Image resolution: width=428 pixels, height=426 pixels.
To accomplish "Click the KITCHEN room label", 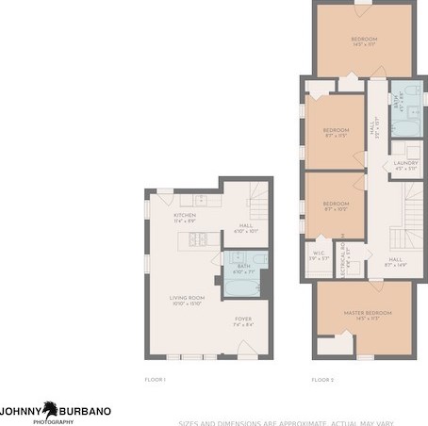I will tap(184, 216).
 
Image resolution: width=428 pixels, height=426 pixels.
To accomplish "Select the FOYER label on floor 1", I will tap(243, 319).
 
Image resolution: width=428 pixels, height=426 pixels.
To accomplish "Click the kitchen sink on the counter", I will tap(200, 200).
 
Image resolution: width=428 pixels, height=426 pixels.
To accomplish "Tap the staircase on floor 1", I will tap(258, 201).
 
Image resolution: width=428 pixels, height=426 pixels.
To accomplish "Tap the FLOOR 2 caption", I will tap(323, 379).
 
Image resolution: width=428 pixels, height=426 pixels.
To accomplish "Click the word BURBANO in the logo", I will tap(86, 411).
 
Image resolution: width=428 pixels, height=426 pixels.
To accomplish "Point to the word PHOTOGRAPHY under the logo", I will tap(53, 421).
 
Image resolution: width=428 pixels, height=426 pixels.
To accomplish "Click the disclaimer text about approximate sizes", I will tap(302, 421).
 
